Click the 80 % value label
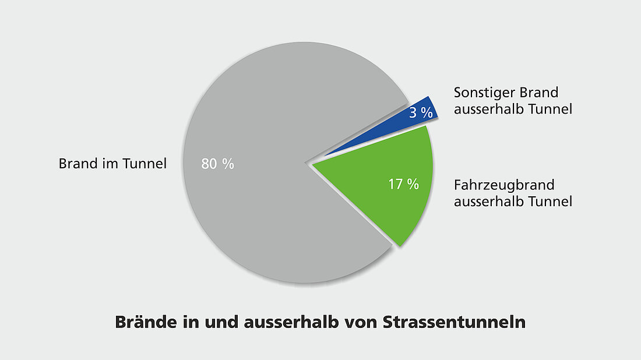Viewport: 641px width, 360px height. point(217,164)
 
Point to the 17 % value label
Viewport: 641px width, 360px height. point(404,184)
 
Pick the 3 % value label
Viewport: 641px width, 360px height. point(421,113)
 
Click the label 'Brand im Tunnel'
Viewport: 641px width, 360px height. point(112,164)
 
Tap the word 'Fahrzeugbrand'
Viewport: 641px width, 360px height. point(504,186)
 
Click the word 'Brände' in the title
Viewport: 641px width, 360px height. point(140,322)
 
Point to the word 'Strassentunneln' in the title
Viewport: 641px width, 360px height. point(454,322)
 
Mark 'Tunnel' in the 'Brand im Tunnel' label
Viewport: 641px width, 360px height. point(145,164)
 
